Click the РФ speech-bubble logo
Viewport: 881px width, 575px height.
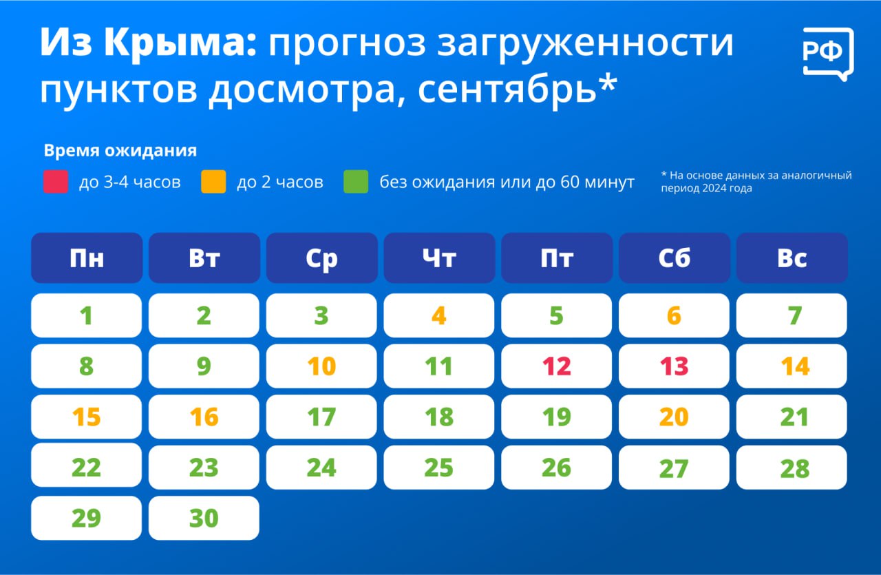coord(828,54)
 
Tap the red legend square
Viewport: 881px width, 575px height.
coord(56,181)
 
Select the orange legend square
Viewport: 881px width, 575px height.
coord(213,181)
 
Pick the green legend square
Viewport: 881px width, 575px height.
coord(356,181)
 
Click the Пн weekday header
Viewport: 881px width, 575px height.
coord(87,258)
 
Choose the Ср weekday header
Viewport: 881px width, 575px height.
coord(321,258)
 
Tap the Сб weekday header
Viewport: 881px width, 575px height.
coord(674,258)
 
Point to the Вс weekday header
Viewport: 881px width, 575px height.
coord(792,258)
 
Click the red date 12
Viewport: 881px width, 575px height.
coord(557,366)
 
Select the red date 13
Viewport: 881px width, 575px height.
coord(674,366)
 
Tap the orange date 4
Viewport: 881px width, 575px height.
coord(439,315)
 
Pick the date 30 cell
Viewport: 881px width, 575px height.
coord(204,518)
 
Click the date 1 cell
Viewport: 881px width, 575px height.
coord(87,315)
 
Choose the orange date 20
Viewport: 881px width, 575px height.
coord(674,417)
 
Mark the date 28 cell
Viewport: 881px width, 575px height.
coord(792,468)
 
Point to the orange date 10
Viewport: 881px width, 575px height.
coord(321,366)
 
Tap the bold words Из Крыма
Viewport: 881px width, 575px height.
coord(148,43)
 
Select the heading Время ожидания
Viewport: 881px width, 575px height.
coord(120,150)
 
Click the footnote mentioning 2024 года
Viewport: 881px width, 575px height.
coord(756,181)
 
